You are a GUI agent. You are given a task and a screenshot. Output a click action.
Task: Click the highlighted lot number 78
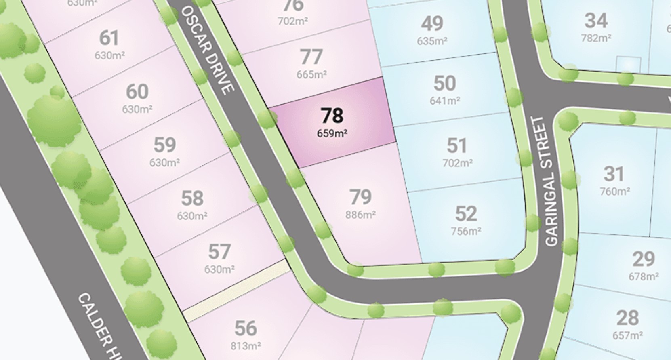[332, 116]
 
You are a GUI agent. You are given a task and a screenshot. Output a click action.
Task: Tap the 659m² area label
[332, 133]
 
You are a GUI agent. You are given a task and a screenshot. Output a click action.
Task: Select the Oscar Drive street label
[208, 50]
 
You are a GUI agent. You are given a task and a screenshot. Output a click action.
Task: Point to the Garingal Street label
[551, 181]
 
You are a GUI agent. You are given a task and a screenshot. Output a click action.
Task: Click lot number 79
[360, 197]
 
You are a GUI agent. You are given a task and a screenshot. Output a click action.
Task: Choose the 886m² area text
[360, 214]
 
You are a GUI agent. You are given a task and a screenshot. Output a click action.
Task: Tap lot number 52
[466, 214]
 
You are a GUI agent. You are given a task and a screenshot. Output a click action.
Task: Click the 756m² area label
[466, 231]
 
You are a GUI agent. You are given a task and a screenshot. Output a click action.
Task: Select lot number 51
[457, 145]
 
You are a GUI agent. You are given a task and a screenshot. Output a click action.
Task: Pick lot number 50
[444, 83]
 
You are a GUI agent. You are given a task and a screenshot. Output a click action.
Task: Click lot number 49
[432, 23]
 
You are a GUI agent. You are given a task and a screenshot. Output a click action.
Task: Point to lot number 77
[311, 57]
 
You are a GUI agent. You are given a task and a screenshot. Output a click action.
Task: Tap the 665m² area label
[311, 74]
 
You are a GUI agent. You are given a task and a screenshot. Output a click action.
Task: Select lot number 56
[246, 328]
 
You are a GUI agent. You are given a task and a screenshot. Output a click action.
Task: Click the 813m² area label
[246, 346]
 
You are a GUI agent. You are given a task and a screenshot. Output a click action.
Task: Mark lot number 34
[596, 21]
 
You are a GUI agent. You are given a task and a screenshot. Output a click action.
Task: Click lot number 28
[628, 318]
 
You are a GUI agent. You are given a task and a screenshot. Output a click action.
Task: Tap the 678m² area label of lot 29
[644, 277]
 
